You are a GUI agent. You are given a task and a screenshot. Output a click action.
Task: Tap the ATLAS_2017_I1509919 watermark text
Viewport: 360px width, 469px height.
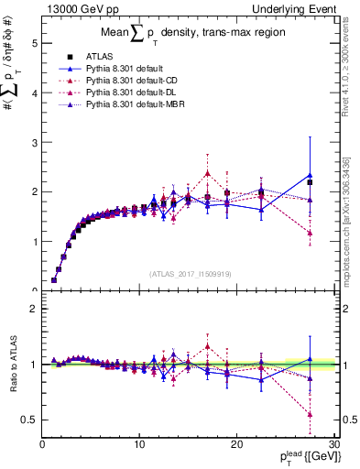pyautogui.click(x=189, y=273)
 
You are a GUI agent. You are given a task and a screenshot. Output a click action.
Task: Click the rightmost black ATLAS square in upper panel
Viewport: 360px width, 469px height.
pyautogui.click(x=310, y=182)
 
